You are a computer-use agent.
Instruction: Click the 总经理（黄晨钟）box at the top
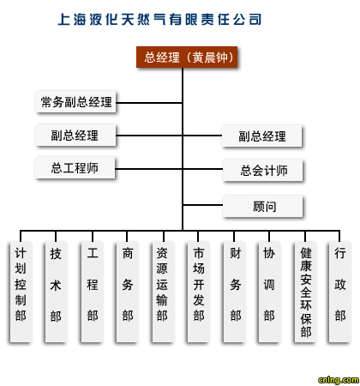point(187,57)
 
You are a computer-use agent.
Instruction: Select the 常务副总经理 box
point(76,102)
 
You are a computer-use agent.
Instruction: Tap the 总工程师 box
point(75,168)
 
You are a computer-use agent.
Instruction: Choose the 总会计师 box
point(262,171)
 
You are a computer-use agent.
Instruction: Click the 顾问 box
point(262,206)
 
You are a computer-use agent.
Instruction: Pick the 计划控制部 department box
point(21,292)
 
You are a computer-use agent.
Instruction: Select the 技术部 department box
point(56,292)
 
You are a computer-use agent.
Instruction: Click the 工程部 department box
point(93,292)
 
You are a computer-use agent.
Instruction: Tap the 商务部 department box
point(128,292)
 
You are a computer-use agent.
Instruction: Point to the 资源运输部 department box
point(163,292)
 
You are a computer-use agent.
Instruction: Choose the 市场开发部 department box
point(199,292)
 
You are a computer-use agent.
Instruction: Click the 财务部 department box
point(234,292)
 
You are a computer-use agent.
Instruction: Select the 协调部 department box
point(269,292)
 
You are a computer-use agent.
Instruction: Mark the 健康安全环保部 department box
point(305,292)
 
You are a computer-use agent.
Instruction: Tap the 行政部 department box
point(339,292)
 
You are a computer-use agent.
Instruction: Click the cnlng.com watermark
point(339,380)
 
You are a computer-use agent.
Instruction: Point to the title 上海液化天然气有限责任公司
point(159,20)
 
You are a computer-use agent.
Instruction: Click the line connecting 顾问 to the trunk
point(202,205)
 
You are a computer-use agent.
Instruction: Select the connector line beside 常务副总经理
point(149,103)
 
